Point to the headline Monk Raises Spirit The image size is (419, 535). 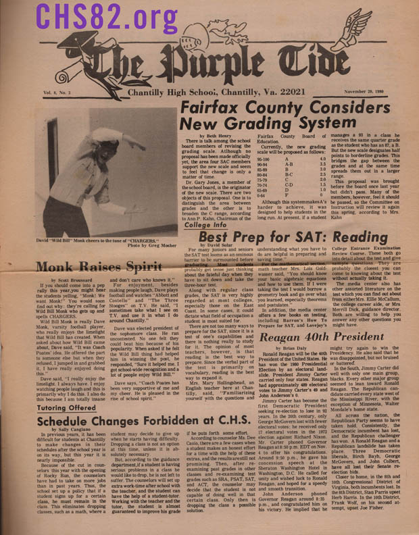pos(85,265)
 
